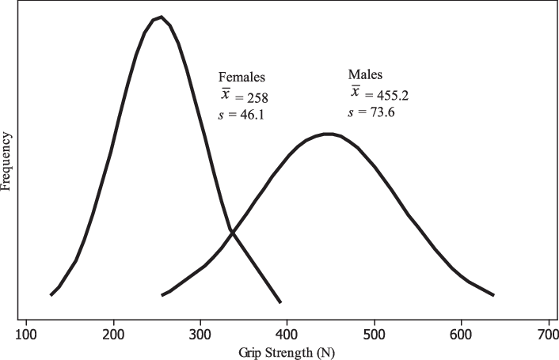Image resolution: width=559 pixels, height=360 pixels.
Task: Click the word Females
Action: pyautogui.click(x=241, y=78)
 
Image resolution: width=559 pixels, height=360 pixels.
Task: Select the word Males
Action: pyautogui.click(x=365, y=75)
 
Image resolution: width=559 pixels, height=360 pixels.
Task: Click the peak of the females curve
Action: pyautogui.click(x=161, y=17)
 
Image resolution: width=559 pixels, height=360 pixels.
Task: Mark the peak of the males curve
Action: pyautogui.click(x=327, y=134)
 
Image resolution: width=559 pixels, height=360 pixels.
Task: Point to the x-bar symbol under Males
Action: pyautogui.click(x=356, y=92)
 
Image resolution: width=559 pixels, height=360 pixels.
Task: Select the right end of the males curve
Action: pyautogui.click(x=493, y=295)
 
